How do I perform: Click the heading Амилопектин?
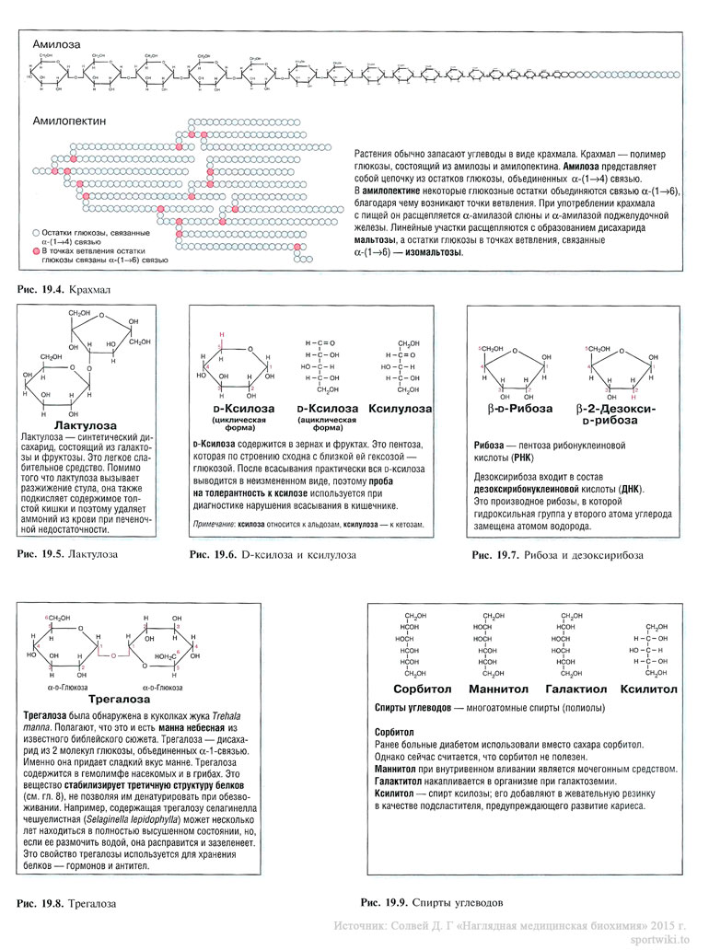(70, 121)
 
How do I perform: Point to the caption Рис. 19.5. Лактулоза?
(68, 555)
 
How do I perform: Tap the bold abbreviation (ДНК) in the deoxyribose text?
(626, 488)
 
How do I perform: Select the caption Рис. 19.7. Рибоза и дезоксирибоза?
(557, 555)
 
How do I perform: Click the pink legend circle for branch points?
(36, 250)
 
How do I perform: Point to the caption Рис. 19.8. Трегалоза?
(68, 904)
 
